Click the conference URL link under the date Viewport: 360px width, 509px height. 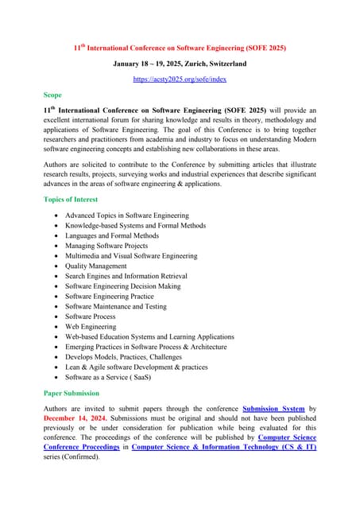pos(179,80)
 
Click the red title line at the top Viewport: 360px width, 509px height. pos(180,48)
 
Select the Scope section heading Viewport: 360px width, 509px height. pos(52,95)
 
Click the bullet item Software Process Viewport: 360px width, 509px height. pos(91,317)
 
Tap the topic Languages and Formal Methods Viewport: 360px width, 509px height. pos(112,235)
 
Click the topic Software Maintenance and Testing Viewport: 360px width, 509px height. pos(116,306)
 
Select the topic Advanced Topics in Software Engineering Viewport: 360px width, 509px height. pos(127,216)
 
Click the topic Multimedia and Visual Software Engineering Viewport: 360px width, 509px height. pos(131,256)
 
